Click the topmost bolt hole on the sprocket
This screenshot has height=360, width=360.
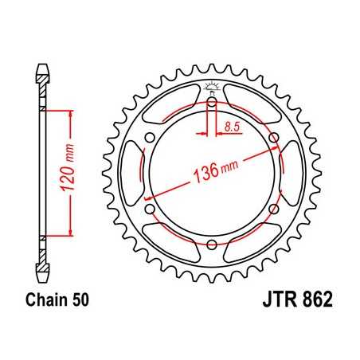(213, 102)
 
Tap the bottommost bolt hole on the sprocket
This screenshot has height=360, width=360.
(213, 245)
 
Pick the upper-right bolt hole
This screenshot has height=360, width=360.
(274, 138)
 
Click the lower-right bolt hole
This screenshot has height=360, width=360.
(274, 209)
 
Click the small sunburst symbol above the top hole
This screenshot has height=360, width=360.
(213, 86)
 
